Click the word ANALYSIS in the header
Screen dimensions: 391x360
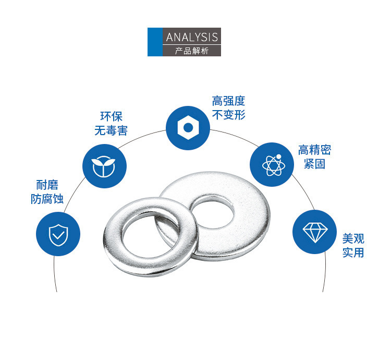[x=192, y=37]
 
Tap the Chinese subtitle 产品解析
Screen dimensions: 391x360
[x=191, y=51]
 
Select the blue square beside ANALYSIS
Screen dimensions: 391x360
[x=155, y=42]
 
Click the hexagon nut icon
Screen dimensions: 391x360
[x=188, y=128]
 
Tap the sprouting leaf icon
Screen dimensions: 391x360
[x=104, y=166]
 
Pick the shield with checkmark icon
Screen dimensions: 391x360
[x=58, y=235]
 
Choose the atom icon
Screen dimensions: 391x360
[x=273, y=165]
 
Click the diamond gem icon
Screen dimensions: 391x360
[x=315, y=232]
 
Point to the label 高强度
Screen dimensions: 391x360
[x=228, y=101]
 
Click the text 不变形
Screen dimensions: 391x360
[x=228, y=115]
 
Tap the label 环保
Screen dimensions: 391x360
[x=111, y=116]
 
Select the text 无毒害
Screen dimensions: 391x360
[x=111, y=130]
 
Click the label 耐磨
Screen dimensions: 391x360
[x=47, y=185]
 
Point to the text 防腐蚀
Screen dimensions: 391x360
[x=47, y=199]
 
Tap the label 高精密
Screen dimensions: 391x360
[x=314, y=150]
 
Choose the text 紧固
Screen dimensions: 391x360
[x=314, y=164]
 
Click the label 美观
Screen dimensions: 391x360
[x=353, y=238]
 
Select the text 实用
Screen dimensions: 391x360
[x=353, y=253]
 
